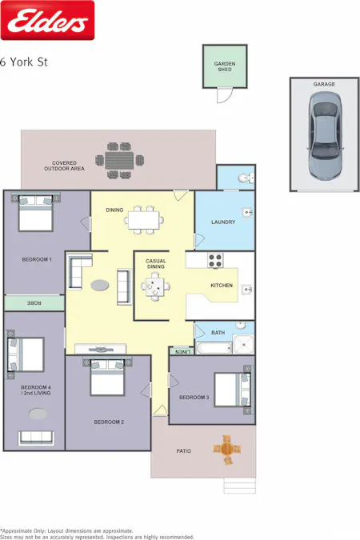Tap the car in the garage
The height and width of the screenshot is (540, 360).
pos(324,129)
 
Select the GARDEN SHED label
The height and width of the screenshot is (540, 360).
pos(224,66)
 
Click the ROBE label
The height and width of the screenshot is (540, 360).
pos(34,303)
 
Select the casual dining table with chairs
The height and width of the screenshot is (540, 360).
pos(154,284)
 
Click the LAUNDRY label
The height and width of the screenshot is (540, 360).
pos(223,222)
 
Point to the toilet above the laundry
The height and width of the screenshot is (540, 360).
pos(247,178)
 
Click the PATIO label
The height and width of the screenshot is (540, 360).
pos(183,451)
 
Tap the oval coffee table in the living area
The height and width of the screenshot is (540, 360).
pos(101,284)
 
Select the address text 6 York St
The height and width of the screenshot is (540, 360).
pos(24,61)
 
